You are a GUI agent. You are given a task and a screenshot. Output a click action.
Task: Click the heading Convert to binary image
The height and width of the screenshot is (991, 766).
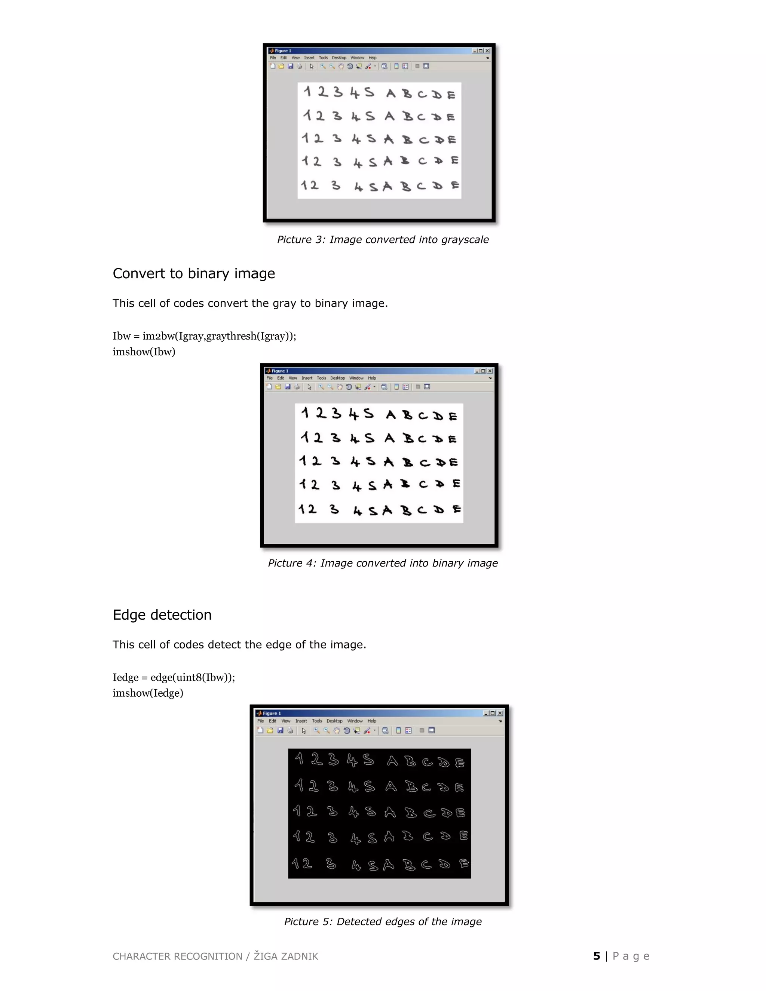tap(194, 274)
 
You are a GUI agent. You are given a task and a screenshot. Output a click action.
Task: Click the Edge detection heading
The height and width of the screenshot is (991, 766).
tap(162, 615)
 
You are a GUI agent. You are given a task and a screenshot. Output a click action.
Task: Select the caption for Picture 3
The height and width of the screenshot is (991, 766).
tap(383, 240)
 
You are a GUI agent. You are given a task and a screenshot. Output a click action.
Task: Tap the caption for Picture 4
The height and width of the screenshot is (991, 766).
tap(383, 563)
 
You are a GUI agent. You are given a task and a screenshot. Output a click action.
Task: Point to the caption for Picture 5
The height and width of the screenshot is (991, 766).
tap(383, 921)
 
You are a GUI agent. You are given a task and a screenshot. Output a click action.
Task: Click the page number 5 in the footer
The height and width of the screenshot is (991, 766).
tap(596, 956)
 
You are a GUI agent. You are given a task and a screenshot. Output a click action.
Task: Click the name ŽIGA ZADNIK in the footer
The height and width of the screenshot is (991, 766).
tap(286, 957)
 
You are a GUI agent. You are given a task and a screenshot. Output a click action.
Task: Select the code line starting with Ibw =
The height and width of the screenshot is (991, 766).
tap(204, 336)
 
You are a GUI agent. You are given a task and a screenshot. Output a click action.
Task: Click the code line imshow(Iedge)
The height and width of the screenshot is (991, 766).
tap(148, 693)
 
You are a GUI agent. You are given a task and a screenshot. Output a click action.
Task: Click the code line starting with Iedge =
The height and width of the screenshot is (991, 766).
tap(174, 678)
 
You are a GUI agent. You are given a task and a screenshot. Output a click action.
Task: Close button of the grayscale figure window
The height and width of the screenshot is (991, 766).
tap(487, 51)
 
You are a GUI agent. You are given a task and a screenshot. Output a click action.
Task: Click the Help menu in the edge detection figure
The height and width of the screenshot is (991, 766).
tap(372, 721)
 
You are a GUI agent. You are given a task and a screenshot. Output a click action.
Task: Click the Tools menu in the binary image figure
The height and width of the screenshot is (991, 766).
tap(321, 378)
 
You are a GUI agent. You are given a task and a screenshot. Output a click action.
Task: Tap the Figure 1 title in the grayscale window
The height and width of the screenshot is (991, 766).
tap(283, 51)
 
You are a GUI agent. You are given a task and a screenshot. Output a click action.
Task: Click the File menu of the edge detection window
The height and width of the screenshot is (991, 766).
tap(260, 721)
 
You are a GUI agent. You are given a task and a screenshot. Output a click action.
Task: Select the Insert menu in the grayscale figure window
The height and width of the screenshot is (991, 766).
tap(309, 58)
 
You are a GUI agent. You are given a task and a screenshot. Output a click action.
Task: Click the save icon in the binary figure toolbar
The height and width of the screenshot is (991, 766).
tap(287, 387)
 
